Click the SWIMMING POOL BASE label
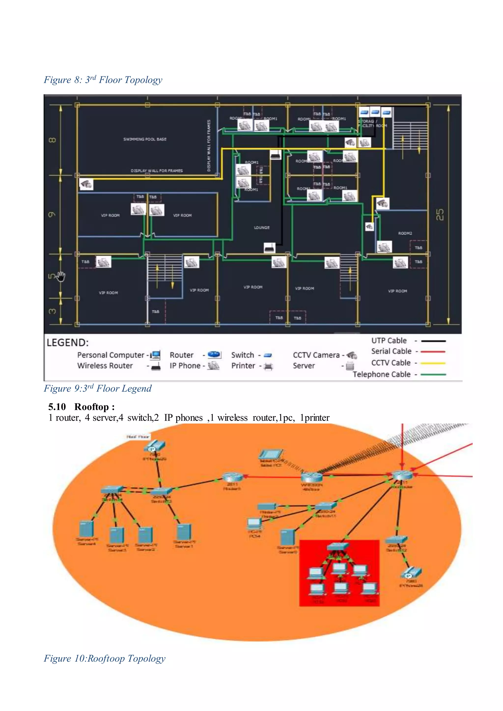(145, 139)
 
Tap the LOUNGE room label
(262, 228)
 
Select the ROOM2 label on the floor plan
(405, 233)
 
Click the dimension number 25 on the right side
(440, 215)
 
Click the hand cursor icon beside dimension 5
(61, 276)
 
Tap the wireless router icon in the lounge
(269, 248)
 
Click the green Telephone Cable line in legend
(433, 374)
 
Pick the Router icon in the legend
(214, 355)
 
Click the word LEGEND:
(68, 342)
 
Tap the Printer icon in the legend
(268, 367)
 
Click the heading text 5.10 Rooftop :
(82, 407)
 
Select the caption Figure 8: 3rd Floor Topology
(103, 80)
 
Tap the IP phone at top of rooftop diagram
(154, 447)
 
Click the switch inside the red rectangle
(338, 547)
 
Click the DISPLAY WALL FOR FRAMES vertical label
(209, 146)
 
